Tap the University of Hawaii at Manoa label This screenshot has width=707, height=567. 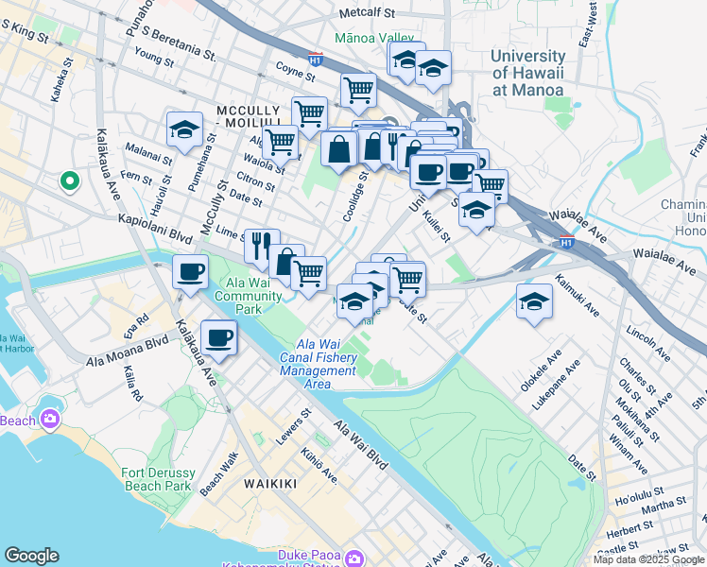pos(527,73)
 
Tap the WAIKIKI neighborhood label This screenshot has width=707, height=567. pos(270,483)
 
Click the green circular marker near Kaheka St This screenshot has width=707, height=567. pos(68,180)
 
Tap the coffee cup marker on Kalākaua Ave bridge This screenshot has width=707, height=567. pos(191,272)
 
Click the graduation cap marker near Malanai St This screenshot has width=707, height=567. pos(184,129)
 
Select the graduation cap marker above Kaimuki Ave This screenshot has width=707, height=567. pos(534,303)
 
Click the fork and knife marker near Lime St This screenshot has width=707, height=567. pos(262,247)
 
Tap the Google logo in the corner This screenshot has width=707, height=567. pos(31,555)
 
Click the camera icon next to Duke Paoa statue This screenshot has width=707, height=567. pos(354,558)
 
